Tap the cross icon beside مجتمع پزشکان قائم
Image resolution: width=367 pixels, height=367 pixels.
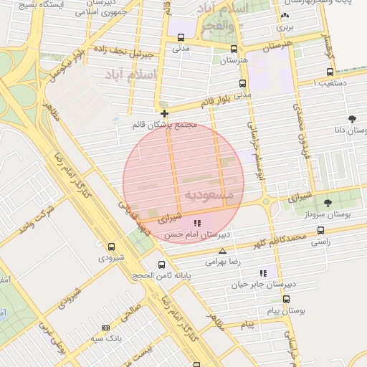tap(165, 113)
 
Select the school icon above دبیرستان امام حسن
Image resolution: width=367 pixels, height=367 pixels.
tap(197, 224)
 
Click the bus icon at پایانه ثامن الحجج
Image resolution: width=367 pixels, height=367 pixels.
tap(161, 264)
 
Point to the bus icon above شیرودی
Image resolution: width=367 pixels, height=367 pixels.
tap(110, 247)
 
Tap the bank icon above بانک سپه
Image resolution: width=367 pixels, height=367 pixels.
tap(106, 328)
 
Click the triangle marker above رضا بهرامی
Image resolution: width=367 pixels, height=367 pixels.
tap(223, 252)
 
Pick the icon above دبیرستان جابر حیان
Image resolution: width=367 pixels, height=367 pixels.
tap(263, 273)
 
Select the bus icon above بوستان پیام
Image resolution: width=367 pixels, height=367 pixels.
tap(286, 299)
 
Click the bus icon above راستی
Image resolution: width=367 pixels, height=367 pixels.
tap(320, 231)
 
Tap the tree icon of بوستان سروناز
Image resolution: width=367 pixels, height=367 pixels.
tap(328, 204)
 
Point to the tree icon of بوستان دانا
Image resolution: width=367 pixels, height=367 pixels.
tap(351, 119)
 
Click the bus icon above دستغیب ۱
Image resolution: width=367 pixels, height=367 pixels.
tap(330, 72)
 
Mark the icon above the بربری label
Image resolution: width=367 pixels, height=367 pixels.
tap(285, 15)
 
